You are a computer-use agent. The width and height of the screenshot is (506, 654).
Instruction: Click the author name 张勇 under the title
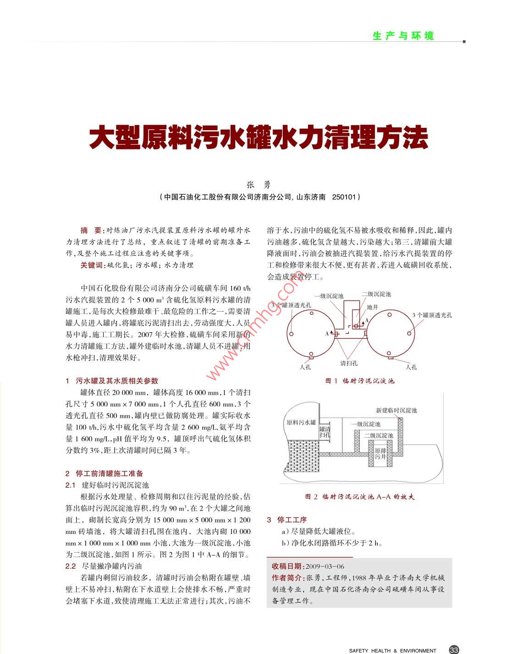coord(259,185)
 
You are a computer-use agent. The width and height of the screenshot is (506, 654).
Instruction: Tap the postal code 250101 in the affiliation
coord(344,197)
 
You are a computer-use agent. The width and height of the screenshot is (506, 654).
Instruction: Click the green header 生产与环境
coord(403,36)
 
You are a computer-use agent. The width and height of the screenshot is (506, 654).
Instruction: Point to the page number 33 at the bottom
coord(454,649)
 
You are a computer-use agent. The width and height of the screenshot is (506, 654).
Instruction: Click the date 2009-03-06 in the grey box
coord(324,566)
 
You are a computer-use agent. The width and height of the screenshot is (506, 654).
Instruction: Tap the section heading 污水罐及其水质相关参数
coord(117,380)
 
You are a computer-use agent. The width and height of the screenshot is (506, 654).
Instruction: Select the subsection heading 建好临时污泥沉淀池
coord(115,485)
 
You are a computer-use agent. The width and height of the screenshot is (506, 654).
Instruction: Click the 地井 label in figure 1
coord(373,307)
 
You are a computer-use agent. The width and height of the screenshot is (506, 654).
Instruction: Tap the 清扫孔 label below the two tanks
coord(349,363)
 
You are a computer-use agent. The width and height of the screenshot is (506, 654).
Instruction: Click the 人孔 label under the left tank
coord(305,367)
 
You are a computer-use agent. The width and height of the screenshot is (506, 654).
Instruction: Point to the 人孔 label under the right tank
coord(411,367)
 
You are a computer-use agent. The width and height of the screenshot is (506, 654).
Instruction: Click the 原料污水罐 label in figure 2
coord(301,422)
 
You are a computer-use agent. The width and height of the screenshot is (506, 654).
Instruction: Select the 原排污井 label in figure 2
coord(380,454)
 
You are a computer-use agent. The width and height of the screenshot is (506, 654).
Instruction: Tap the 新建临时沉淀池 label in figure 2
coord(396,410)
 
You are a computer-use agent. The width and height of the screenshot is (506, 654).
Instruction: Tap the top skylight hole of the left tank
coord(312,313)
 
